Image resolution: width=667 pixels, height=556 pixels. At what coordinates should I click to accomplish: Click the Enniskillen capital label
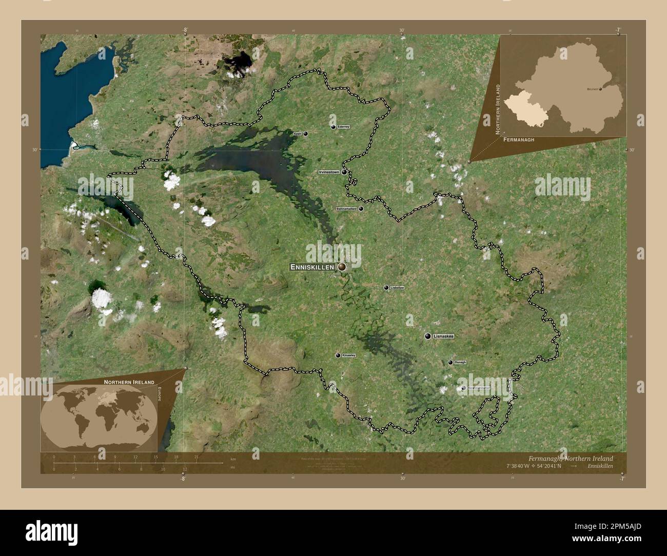[312, 267]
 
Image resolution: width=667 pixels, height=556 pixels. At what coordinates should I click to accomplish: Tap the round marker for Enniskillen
[342, 267]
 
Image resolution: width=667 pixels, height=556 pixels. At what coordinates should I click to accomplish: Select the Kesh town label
[298, 134]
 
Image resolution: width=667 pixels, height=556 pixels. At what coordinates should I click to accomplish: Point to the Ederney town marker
[333, 127]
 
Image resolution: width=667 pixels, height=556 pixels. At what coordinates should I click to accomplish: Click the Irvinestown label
[329, 172]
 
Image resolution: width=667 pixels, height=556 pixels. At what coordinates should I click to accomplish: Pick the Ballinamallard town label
[346, 209]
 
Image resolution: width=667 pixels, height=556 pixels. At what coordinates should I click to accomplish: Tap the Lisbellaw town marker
[386, 288]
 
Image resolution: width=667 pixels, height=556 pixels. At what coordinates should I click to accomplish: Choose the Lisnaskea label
[444, 336]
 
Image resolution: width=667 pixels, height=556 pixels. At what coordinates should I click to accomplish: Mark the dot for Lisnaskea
[427, 336]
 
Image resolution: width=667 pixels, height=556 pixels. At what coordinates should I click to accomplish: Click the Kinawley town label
[349, 355]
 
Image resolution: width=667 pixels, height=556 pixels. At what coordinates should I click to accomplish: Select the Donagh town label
[460, 363]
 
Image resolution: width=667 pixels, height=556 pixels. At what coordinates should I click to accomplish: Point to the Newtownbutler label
[479, 388]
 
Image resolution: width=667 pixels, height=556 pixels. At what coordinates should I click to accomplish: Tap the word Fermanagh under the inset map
[519, 140]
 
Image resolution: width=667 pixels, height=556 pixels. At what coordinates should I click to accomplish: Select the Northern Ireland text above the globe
[129, 383]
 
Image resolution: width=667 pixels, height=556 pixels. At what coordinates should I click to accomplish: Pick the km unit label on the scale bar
[233, 459]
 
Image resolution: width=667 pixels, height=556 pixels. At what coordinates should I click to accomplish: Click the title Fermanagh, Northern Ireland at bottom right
[570, 458]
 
